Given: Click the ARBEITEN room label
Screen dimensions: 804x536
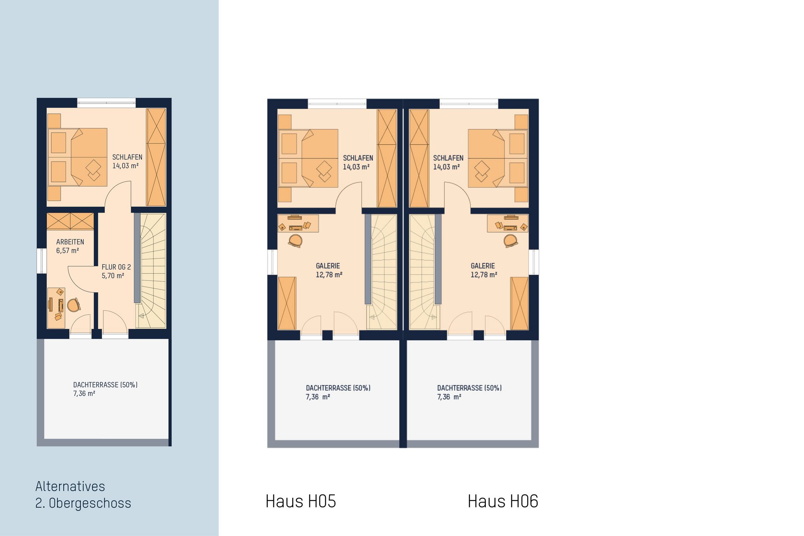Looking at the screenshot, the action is coord(70,242).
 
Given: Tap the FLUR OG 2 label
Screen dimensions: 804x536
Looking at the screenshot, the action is coord(116,267).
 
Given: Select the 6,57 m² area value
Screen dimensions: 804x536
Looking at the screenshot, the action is coord(67,251).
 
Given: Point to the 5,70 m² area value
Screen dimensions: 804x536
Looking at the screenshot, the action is coord(113,276).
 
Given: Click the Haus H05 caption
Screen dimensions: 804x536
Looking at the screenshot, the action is coord(301,501).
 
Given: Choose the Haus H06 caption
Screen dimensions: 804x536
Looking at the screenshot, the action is coord(503,501).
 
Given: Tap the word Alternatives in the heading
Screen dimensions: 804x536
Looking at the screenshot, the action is coord(70,486).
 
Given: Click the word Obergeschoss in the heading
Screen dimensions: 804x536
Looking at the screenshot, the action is coord(90,503).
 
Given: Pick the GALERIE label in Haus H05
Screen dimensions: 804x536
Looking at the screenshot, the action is coord(328,266).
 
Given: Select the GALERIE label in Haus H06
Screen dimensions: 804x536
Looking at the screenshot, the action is coord(483,266).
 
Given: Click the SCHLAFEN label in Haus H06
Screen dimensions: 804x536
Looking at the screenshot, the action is coord(448,158).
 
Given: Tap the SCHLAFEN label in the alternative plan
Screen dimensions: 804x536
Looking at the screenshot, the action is coord(127,157).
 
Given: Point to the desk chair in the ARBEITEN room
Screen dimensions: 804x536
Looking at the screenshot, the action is coord(74,305).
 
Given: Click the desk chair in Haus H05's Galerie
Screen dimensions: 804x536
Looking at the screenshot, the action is coord(295,241).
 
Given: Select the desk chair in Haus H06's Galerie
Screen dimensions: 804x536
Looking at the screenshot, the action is coord(510,241).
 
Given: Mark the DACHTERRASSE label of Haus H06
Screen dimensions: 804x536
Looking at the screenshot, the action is coord(469,388).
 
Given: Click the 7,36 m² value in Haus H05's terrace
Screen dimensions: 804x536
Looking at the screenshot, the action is coord(318,397).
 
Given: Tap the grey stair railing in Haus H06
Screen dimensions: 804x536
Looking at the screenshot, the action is coord(438,259).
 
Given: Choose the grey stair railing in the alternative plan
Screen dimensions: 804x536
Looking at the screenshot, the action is coord(137,258).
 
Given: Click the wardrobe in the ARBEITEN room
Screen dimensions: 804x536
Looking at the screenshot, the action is coord(70,221).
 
